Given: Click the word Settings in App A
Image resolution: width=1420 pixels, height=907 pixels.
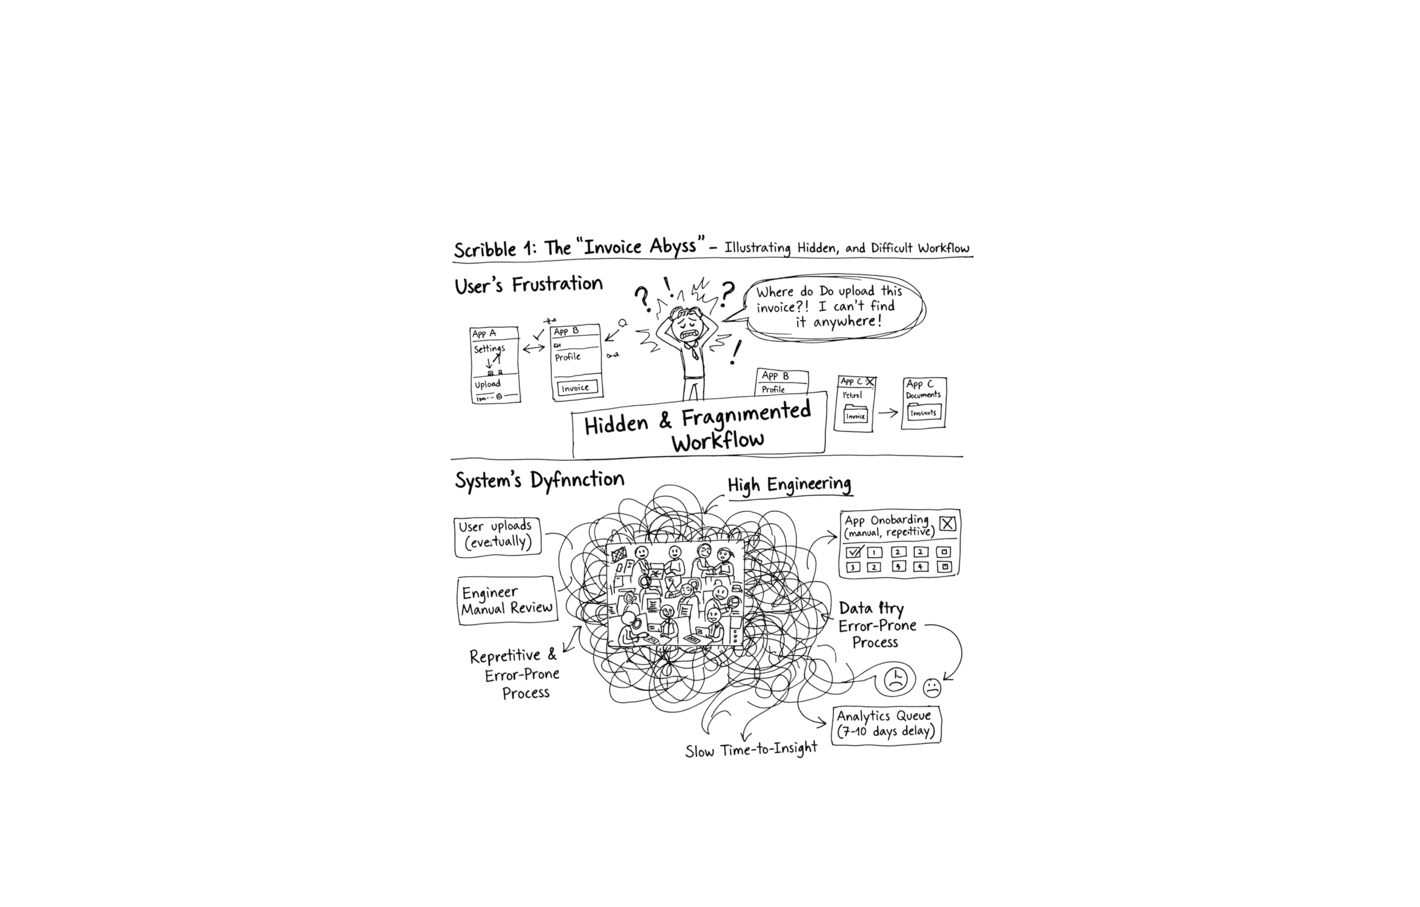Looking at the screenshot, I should click(490, 349).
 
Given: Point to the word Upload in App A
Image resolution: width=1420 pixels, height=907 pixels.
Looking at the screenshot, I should click(488, 384).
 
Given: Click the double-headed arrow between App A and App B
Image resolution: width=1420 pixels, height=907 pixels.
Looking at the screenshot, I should click(534, 348).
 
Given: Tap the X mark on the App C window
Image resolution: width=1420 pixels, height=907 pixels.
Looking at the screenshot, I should click(870, 382).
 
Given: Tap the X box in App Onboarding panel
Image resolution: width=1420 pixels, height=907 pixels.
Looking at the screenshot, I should click(947, 523).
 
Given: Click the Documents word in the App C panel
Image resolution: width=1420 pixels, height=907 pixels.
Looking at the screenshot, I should click(923, 395).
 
